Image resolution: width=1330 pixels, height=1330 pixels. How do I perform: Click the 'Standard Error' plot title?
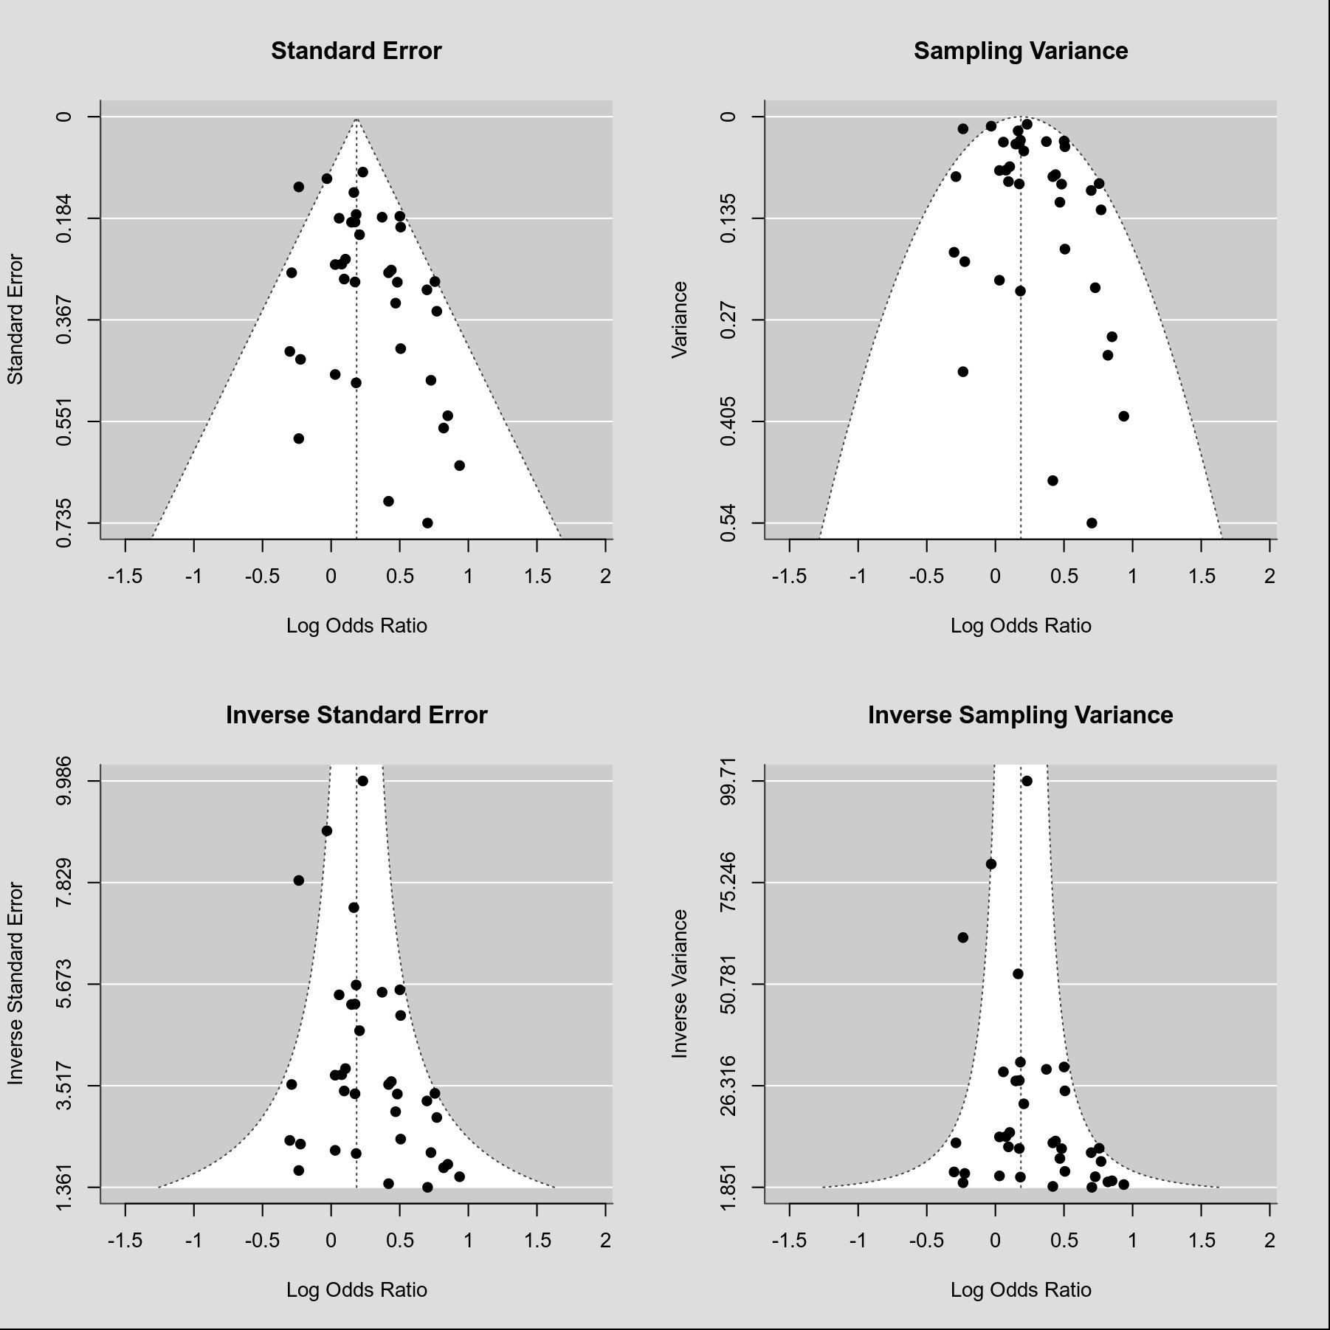point(356,51)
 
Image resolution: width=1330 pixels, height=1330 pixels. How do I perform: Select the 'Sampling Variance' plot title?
point(1020,51)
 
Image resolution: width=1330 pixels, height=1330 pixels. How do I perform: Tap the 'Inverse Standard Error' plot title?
point(356,715)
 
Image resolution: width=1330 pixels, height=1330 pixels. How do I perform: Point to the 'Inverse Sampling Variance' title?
point(1020,715)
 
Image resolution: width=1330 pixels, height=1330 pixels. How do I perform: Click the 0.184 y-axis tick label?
point(65,218)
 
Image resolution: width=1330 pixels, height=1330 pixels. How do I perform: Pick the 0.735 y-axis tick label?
point(65,523)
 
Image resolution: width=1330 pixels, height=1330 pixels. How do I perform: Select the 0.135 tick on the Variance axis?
point(729,218)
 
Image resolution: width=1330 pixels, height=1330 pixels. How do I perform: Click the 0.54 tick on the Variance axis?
point(729,523)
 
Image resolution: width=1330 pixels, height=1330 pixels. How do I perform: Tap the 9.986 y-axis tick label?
point(65,780)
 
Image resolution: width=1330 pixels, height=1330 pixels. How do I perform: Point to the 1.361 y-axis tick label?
point(65,1187)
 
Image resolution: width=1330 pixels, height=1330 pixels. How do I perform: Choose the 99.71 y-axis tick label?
point(729,780)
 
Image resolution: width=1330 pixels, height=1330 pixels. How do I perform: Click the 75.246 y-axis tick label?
point(729,882)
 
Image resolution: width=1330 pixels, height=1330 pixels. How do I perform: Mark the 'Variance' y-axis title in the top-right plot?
point(680,320)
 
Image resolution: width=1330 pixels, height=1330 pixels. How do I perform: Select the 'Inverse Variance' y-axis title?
point(680,984)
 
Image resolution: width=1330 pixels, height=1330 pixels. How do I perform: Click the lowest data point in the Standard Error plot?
point(427,523)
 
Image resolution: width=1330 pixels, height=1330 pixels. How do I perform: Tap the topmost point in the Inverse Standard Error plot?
point(362,781)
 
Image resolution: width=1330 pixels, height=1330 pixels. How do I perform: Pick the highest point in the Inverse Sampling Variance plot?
point(1027,781)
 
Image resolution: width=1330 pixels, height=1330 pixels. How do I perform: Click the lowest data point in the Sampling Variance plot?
point(1092,523)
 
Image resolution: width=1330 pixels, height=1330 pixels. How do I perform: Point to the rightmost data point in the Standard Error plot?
point(459,466)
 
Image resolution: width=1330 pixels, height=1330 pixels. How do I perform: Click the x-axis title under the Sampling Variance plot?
point(1020,626)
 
